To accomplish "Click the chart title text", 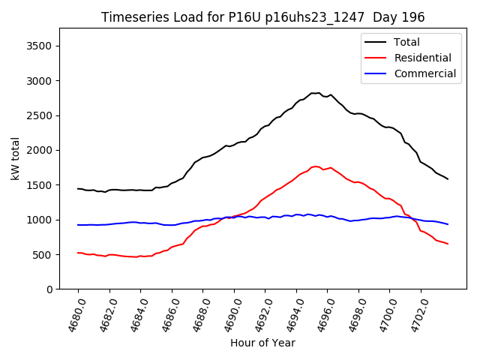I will (x=262, y=17).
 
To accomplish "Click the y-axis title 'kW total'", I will (x=15, y=158).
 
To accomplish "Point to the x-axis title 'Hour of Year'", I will (x=262, y=343).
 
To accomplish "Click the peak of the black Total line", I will (x=317, y=93).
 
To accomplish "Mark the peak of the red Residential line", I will (x=316, y=166).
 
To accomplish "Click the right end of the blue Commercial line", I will (x=448, y=224).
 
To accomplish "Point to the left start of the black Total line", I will (x=78, y=188).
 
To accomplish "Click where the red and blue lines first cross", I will (x=232, y=217).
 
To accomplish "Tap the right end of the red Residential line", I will (x=448, y=244).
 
